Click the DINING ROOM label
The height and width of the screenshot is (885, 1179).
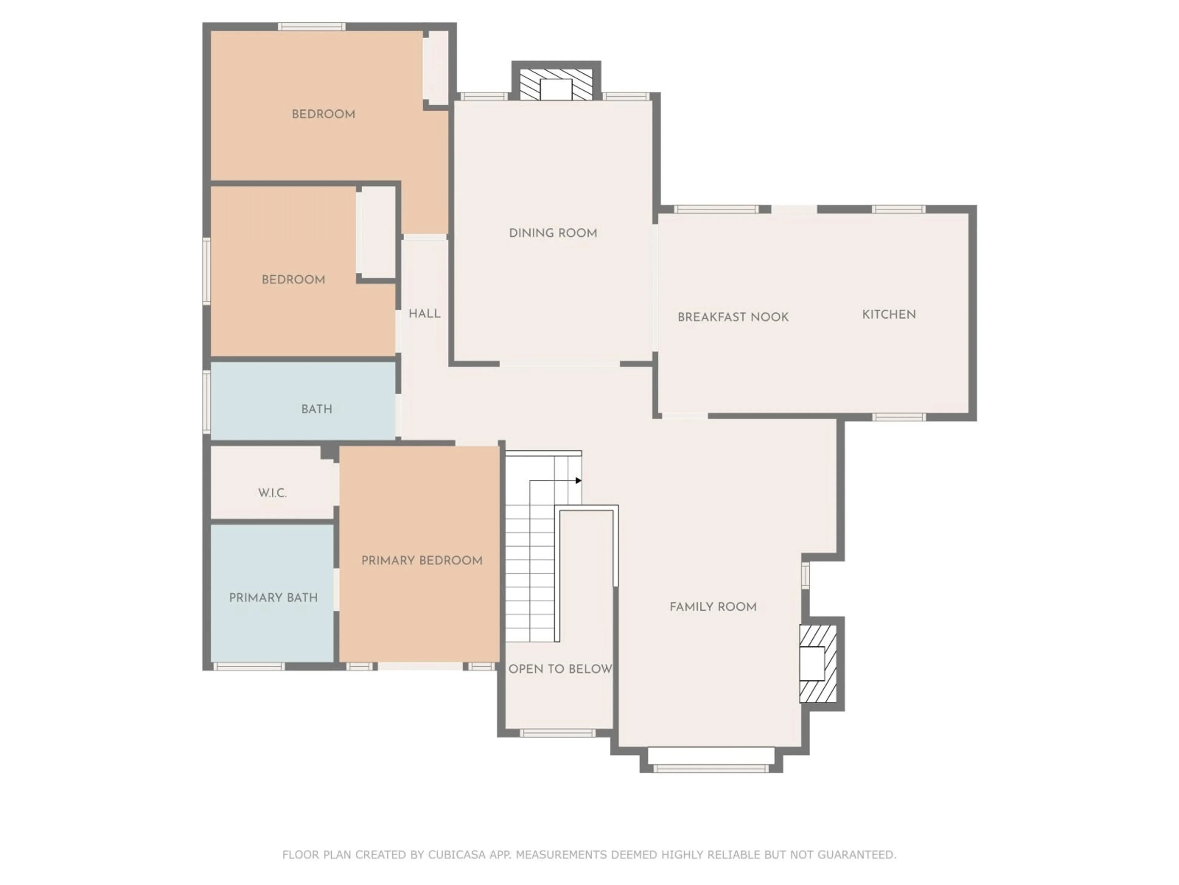click(553, 233)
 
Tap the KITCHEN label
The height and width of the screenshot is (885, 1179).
click(889, 315)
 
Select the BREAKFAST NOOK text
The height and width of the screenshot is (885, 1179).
click(733, 317)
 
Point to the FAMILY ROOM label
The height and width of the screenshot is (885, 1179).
click(713, 607)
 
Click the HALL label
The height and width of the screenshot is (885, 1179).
click(424, 314)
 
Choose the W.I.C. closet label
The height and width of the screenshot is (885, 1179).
click(272, 493)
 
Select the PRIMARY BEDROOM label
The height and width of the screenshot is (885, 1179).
click(422, 561)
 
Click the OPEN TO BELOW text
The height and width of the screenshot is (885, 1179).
click(560, 669)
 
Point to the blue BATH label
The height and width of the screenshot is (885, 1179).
click(317, 409)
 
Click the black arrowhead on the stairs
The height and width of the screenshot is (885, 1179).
click(578, 481)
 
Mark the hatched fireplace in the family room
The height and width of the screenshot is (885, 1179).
click(817, 663)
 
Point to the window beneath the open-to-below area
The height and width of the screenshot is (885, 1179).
click(557, 733)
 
